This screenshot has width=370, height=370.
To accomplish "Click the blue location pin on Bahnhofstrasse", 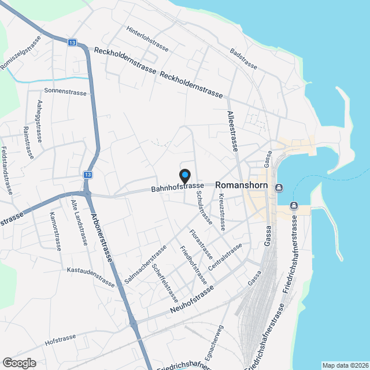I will [x=184, y=175].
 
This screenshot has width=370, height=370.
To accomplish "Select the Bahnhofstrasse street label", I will [x=177, y=186].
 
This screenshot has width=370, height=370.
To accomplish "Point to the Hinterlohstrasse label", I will [x=147, y=39].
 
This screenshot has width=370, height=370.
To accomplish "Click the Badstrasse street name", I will [x=242, y=60].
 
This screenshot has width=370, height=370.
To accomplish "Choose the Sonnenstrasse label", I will [x=65, y=92].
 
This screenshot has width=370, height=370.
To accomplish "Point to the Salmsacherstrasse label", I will [x=145, y=265].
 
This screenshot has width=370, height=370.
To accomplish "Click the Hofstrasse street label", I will [x=60, y=338].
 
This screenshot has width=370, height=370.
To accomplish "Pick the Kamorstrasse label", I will [x=55, y=231].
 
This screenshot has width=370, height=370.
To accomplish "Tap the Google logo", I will [x=18, y=362].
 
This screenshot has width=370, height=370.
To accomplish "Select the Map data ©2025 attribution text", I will [x=345, y=365].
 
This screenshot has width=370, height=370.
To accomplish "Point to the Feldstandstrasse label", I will [x=7, y=170].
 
